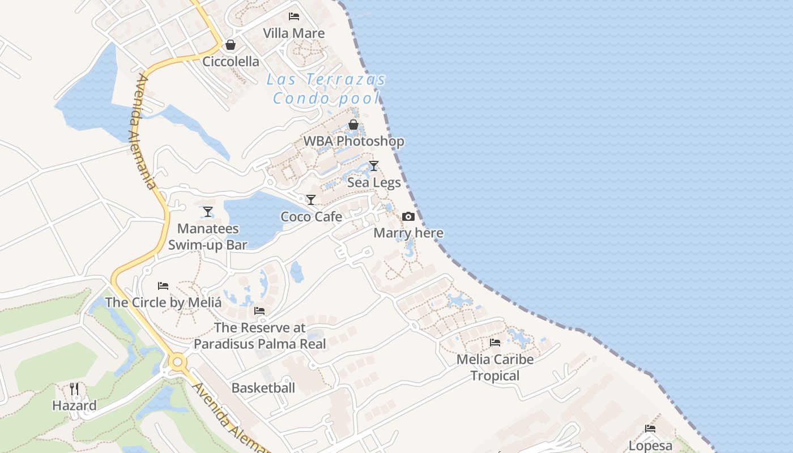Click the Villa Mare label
[x=294, y=33]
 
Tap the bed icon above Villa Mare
[x=294, y=16]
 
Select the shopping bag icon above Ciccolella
[x=231, y=45]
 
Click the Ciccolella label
[x=231, y=62]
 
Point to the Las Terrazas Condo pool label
[x=326, y=89]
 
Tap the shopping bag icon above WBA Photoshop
[x=353, y=125]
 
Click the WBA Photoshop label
[x=354, y=142]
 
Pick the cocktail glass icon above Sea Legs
[x=374, y=166]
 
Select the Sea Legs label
[x=374, y=183]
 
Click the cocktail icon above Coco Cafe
[x=311, y=200]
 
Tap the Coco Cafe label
[x=312, y=217]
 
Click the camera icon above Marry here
[x=408, y=216]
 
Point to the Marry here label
[x=408, y=233]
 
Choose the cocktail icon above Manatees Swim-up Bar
[x=208, y=212]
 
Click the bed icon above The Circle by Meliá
[x=163, y=285]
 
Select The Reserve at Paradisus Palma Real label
[x=260, y=336]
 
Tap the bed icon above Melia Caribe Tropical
[x=495, y=343]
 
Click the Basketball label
[x=263, y=388]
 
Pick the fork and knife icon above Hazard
[x=74, y=388]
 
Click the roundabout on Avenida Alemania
[x=178, y=361]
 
